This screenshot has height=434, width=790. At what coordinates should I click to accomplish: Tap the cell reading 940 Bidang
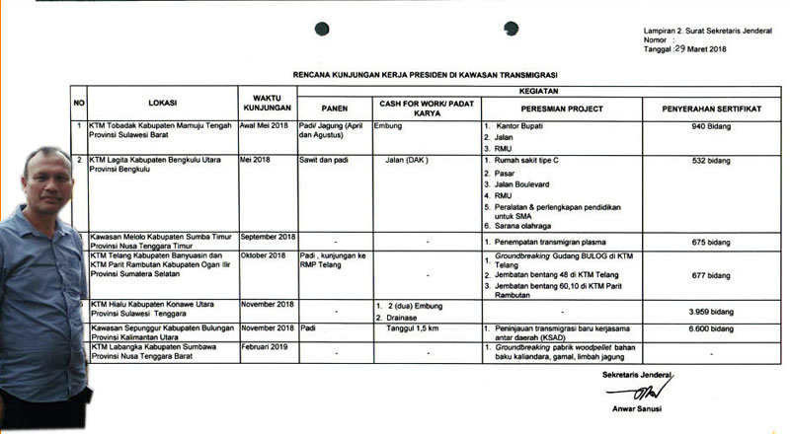[x=697, y=127]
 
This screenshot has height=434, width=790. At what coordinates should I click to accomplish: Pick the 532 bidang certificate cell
[x=697, y=159]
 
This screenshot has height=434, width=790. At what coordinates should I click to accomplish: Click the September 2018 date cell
[x=269, y=238]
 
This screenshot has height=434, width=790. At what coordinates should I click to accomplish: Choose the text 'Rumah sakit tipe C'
[x=533, y=160]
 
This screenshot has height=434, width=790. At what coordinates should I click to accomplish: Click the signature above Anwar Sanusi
[x=622, y=391]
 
